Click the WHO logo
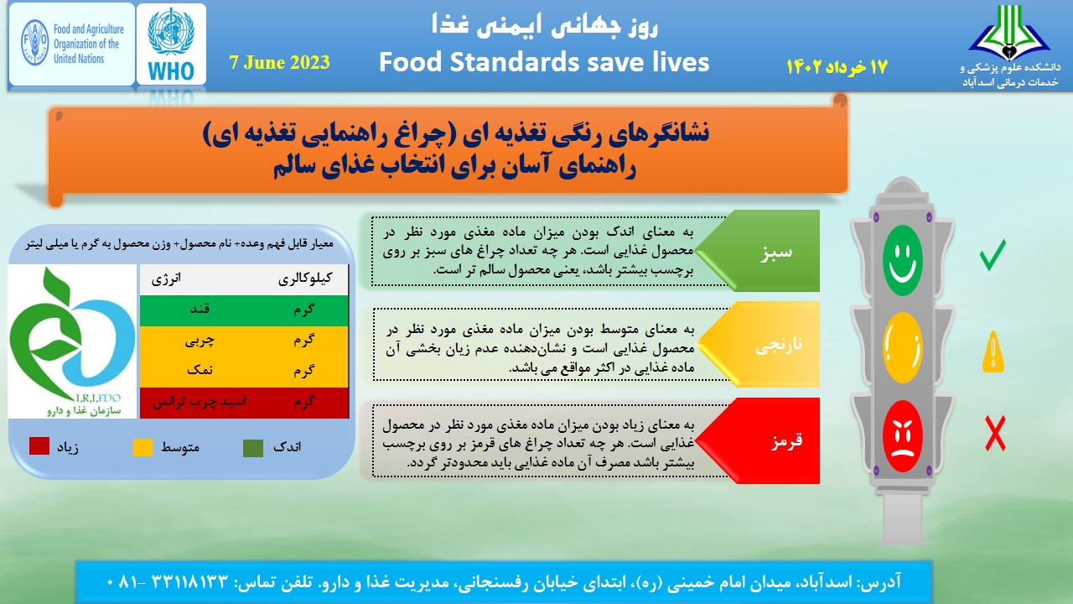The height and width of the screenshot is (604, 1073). [x=171, y=44]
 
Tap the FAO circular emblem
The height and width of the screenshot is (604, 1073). [x=35, y=43]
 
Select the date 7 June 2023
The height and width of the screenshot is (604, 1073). [x=279, y=62]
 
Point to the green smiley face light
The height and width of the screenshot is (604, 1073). [x=903, y=260]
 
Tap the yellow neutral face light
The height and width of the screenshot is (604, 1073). [x=903, y=347]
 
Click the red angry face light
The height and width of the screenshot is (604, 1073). [x=903, y=436]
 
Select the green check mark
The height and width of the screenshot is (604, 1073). [x=993, y=254]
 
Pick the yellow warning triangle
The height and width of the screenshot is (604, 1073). [x=993, y=351]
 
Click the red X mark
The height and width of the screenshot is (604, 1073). [x=995, y=434]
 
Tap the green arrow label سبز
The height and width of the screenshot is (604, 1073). [x=776, y=252]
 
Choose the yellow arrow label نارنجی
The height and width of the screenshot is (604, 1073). [x=779, y=345]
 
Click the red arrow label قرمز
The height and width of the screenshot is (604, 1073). [x=786, y=440]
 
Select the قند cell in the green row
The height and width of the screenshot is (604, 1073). [x=200, y=310]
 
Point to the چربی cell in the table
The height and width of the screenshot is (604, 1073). [x=200, y=341]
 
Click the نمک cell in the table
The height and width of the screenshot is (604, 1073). [x=200, y=370]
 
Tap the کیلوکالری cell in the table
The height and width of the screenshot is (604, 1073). [x=305, y=279]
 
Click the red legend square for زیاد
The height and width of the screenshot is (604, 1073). [x=39, y=445]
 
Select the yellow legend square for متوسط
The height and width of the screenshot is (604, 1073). [x=143, y=447]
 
